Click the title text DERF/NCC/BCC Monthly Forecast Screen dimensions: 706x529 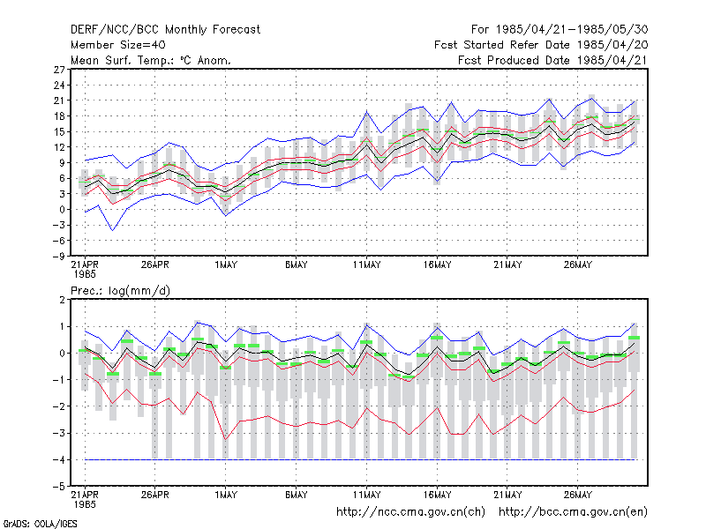(x=165, y=30)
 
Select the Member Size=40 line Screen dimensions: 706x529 (x=118, y=45)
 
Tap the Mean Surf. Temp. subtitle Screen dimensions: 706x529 (x=150, y=60)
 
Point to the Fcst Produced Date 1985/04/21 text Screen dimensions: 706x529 (x=552, y=60)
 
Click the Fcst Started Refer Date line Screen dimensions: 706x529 (x=541, y=45)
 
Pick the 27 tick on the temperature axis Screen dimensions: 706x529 (x=59, y=70)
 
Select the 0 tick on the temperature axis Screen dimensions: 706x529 (x=62, y=210)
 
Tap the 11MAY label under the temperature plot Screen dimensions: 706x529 (x=367, y=265)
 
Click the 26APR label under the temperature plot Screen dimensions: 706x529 (x=155, y=265)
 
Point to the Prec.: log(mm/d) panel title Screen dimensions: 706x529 (x=120, y=291)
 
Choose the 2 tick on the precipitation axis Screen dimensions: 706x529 (x=62, y=300)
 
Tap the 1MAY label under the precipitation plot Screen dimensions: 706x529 (x=226, y=495)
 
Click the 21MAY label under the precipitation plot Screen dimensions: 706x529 (x=507, y=495)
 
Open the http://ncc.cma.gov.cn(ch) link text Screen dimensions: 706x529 (x=410, y=512)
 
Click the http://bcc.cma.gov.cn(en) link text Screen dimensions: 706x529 (x=573, y=512)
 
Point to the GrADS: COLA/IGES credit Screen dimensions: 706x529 (x=40, y=524)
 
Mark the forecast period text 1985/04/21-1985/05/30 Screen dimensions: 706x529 (x=572, y=30)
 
